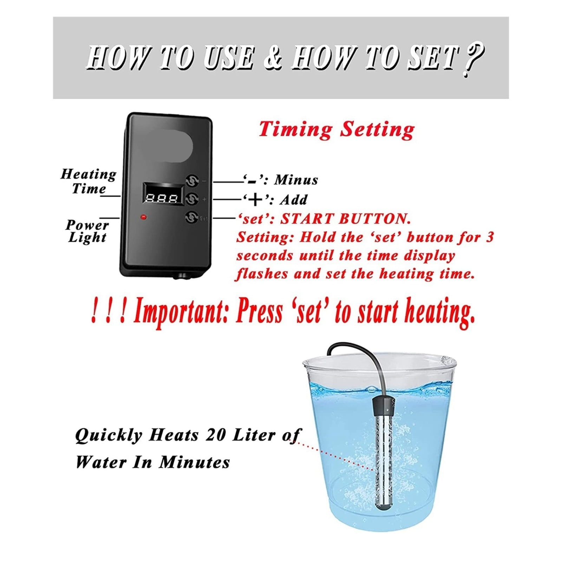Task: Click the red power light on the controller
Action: click(x=143, y=217)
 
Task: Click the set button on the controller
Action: click(x=191, y=217)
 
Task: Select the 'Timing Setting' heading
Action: click(x=336, y=130)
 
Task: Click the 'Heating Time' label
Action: click(x=88, y=181)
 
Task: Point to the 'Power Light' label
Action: click(x=87, y=231)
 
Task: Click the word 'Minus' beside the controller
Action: click(x=296, y=180)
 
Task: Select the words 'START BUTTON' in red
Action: click(x=345, y=219)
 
